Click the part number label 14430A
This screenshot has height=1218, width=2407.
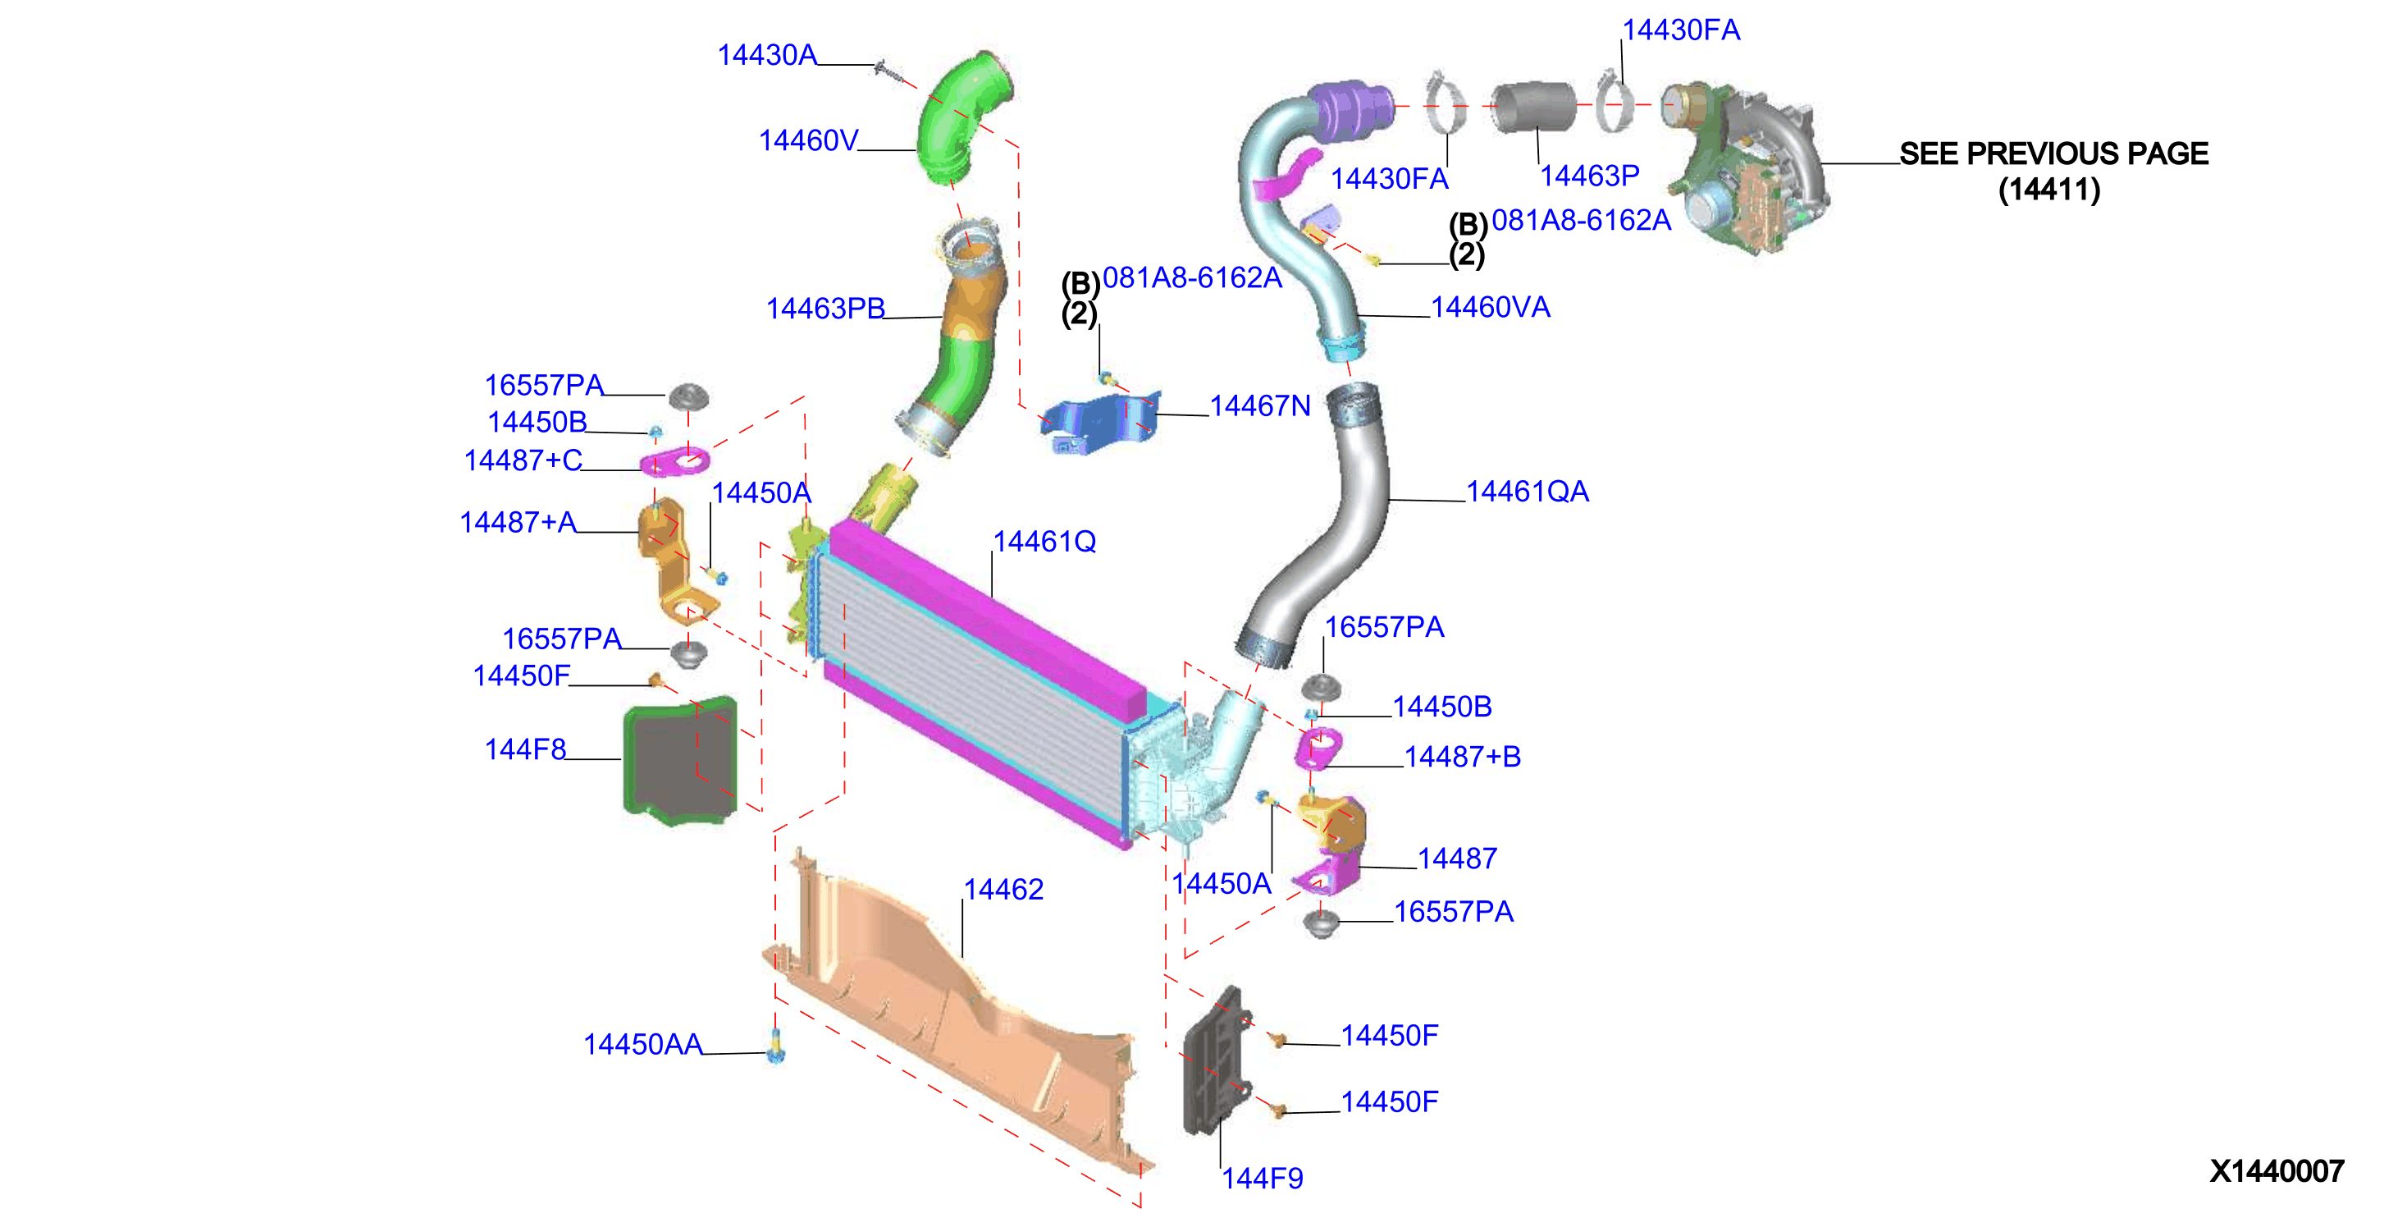pos(767,55)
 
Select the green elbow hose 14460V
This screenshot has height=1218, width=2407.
pos(962,117)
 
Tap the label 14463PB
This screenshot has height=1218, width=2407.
pos(825,309)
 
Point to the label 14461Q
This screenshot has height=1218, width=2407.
pos(1044,541)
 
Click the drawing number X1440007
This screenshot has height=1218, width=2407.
pos(2277,1170)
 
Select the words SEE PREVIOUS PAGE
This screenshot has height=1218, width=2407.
pos(2053,153)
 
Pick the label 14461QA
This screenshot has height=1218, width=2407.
pos(1527,492)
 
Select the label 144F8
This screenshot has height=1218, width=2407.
pos(525,749)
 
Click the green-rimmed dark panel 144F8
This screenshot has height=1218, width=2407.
pos(680,761)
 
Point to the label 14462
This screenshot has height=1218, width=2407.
pos(1003,889)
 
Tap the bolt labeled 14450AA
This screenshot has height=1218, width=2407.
pos(775,1047)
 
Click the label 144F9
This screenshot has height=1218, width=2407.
pos(1263,1178)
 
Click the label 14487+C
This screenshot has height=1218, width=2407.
pos(523,460)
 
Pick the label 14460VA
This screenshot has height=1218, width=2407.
pos(1491,307)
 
